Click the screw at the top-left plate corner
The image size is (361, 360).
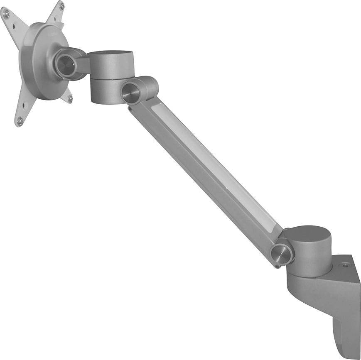[6, 13]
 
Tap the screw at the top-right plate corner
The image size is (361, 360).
[61, 6]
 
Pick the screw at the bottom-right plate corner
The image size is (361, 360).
[70, 98]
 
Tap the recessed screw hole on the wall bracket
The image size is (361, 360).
[345, 265]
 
